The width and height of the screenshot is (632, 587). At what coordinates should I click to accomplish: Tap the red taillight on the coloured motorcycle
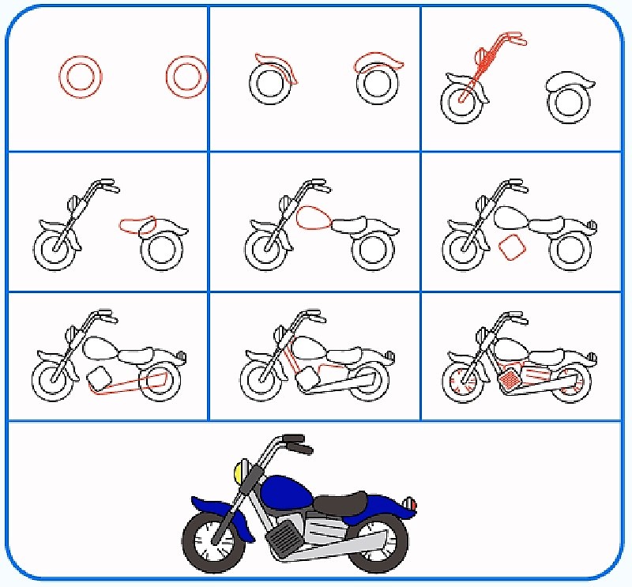coord(408,504)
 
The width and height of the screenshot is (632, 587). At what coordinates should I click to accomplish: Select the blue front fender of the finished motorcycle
coord(212,502)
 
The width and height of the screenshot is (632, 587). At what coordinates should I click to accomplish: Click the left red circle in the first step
coord(81,77)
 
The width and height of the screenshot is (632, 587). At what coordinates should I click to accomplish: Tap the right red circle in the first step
coord(186,77)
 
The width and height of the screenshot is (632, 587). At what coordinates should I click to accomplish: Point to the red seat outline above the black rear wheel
coord(138,226)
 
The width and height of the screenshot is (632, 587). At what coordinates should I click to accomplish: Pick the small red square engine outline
coord(511,247)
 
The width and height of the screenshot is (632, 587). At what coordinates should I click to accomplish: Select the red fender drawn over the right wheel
coord(378,62)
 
